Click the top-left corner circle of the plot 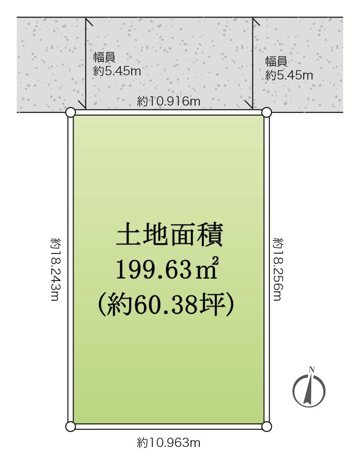click(70, 113)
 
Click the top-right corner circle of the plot click(267, 113)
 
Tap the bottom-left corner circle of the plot click(70, 426)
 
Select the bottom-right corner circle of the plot click(267, 426)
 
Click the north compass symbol click(309, 389)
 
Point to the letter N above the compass click(312, 370)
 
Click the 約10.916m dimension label click(169, 101)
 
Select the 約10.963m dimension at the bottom click(169, 443)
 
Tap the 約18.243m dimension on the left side click(56, 269)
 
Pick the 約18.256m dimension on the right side click(278, 269)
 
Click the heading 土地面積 click(169, 235)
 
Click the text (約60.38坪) click(167, 304)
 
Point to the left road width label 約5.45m click(117, 71)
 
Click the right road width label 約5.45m click(289, 75)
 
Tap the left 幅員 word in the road click(104, 57)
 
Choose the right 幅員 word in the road click(276, 61)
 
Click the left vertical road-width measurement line click(86, 63)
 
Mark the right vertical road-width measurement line click(253, 63)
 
